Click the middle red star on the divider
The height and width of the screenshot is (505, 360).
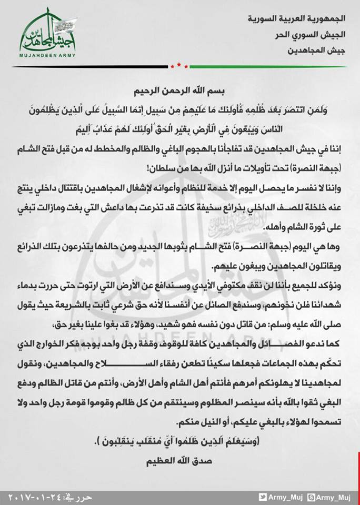[179, 65]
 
